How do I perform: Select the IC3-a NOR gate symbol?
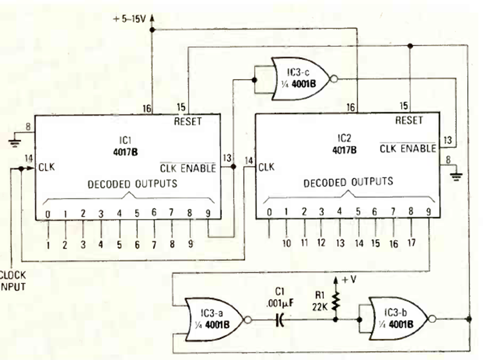213,320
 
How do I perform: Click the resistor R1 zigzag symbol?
336,300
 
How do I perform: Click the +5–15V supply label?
130,20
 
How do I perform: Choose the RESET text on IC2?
408,120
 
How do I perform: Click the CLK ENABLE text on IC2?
408,148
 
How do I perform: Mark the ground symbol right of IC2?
457,176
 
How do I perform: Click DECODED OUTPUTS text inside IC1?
132,184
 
